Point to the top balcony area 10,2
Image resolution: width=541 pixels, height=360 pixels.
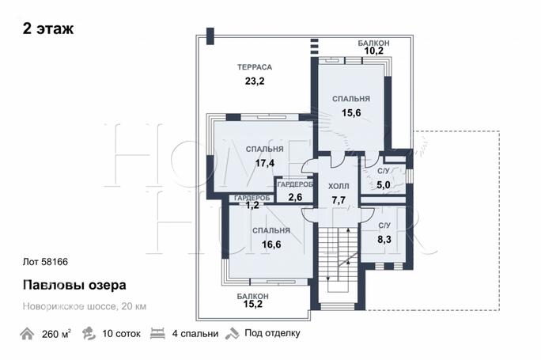[373, 52]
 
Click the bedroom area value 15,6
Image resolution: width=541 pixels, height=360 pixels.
[351, 113]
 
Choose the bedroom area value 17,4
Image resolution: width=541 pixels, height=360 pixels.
[264, 163]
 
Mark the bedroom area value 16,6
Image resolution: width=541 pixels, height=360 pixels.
[271, 244]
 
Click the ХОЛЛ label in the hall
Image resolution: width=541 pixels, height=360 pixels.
[338, 187]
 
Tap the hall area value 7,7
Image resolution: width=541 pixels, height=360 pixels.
[338, 200]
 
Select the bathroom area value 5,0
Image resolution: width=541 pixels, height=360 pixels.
[384, 185]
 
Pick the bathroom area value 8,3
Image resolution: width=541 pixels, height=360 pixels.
[384, 238]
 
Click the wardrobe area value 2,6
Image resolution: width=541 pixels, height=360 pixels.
[295, 197]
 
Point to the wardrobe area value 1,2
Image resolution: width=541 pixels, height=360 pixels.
[252, 206]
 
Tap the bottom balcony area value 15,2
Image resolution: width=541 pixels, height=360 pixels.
[253, 303]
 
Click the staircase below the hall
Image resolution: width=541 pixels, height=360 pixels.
[339, 257]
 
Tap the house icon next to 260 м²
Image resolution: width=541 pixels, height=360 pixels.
[27, 333]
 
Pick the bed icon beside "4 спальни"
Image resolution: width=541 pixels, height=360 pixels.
[157, 333]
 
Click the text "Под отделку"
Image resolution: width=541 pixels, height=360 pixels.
[272, 333]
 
